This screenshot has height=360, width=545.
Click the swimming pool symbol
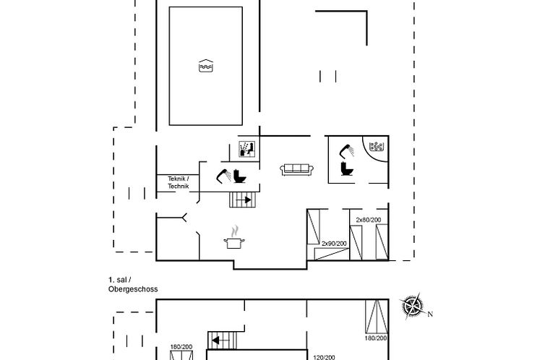pyautogui.click(x=206, y=66)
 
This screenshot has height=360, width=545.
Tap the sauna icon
pyautogui.click(x=248, y=149)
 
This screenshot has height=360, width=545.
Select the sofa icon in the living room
pyautogui.click(x=296, y=170)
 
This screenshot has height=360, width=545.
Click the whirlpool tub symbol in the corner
pyautogui.click(x=376, y=147)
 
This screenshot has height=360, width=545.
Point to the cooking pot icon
pyautogui.click(x=234, y=240)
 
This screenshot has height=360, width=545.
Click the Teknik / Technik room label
pyautogui.click(x=179, y=182)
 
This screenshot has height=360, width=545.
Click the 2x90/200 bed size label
pyautogui.click(x=334, y=244)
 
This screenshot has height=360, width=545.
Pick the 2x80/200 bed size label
pyautogui.click(x=369, y=220)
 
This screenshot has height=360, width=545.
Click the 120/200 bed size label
pyautogui.click(x=325, y=357)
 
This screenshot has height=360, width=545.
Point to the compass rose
pyautogui.click(x=413, y=306)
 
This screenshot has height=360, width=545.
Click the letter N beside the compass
pyautogui.click(x=430, y=314)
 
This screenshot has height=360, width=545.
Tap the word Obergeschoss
pyautogui.click(x=133, y=289)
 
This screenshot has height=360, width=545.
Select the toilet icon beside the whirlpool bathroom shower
pyautogui.click(x=346, y=168)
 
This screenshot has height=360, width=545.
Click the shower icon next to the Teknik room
pyautogui.click(x=224, y=176)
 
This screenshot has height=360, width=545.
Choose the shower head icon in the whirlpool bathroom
pyautogui.click(x=347, y=151)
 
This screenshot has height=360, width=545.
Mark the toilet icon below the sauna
pyautogui.click(x=239, y=176)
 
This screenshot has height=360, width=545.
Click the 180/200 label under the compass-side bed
pyautogui.click(x=376, y=338)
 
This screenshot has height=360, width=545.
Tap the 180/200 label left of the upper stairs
pyautogui.click(x=181, y=347)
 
